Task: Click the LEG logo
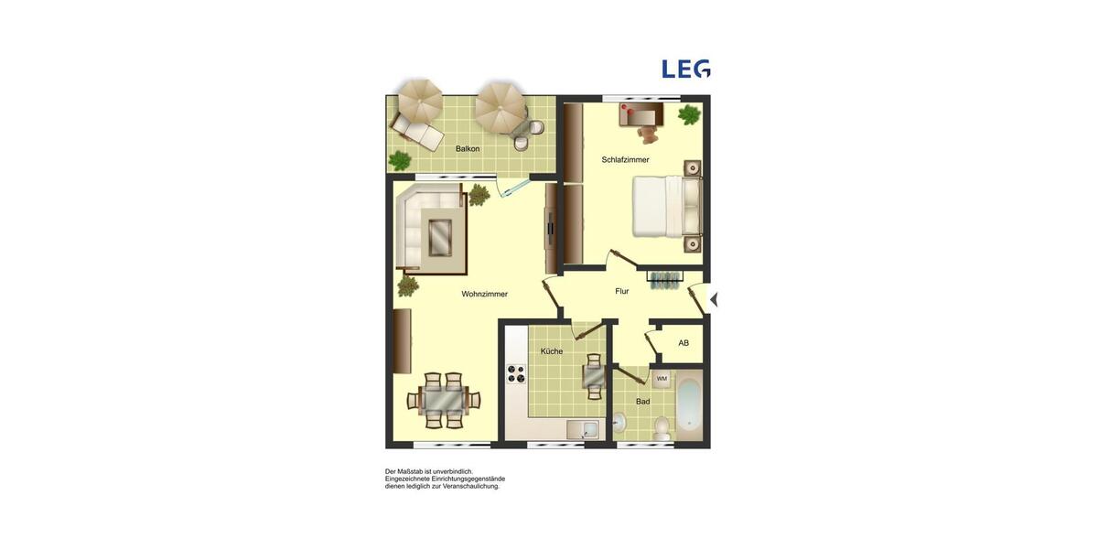click(686, 69)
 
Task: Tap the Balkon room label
click(468, 148)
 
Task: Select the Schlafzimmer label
click(625, 160)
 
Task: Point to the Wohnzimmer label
click(484, 295)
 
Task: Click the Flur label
click(622, 292)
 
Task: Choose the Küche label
click(552, 351)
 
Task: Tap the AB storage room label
click(684, 343)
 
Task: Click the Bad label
click(643, 402)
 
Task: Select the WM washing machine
click(662, 379)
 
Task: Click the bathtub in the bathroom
click(689, 405)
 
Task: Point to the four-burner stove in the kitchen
click(516, 373)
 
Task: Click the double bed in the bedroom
click(665, 207)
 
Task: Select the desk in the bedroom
click(641, 113)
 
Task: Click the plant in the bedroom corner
click(689, 115)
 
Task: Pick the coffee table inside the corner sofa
click(440, 236)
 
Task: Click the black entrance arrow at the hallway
click(714, 299)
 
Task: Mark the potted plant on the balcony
click(400, 161)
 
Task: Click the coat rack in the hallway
click(665, 278)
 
